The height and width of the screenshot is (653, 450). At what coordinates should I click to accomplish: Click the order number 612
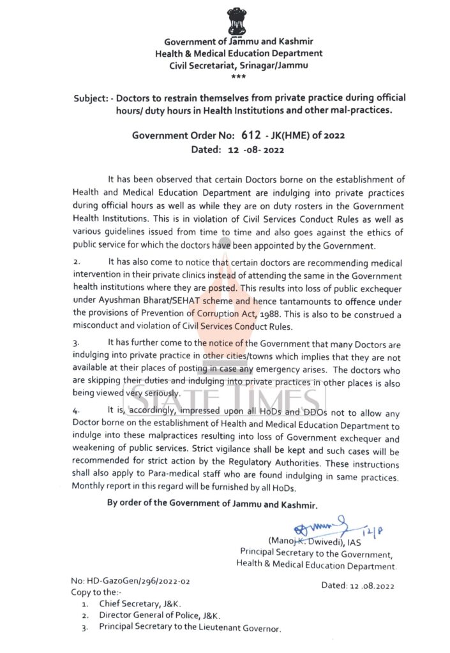pos(251,135)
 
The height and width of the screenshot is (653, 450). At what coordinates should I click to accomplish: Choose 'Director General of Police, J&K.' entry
pos(160,615)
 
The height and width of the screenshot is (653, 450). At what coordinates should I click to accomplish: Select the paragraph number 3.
pos(77,343)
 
